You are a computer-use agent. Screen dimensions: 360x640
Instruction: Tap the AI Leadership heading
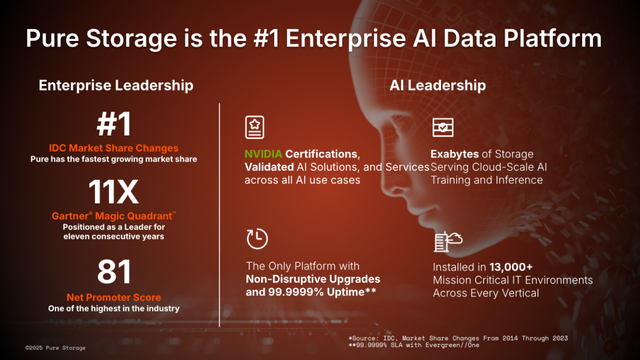(x=438, y=86)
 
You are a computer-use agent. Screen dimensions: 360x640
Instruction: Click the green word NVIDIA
(x=265, y=153)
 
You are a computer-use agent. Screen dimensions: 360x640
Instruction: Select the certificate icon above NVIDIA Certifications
(x=256, y=128)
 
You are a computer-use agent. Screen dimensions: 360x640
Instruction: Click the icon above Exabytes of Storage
(x=442, y=128)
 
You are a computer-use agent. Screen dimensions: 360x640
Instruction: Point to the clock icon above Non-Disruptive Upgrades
(x=256, y=239)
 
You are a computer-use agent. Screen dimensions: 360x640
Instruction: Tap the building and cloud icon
(x=447, y=241)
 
